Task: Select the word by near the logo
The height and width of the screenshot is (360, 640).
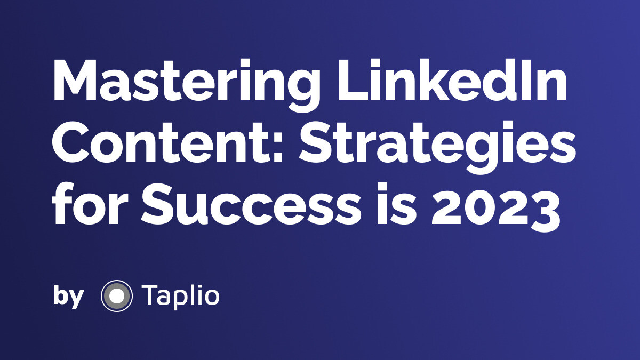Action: pos(68,296)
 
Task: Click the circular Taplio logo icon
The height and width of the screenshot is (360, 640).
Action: pos(116,295)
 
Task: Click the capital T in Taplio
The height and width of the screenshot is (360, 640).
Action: pos(150,295)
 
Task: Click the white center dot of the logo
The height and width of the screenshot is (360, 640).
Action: pos(116,295)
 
